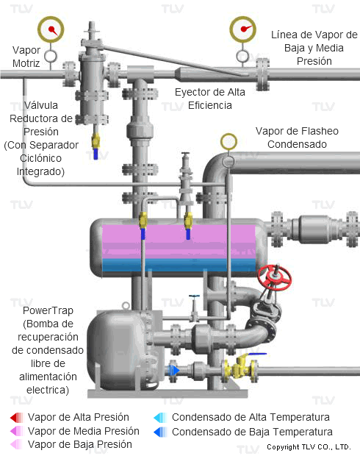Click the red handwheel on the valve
click(x=274, y=277)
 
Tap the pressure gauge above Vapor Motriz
click(x=51, y=29)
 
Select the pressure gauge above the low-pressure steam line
click(x=242, y=29)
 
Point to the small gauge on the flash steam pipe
click(x=228, y=142)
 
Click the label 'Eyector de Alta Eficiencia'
click(x=210, y=99)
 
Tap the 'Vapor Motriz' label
click(x=26, y=57)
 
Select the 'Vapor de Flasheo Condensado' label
click(x=297, y=138)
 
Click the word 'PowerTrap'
click(x=48, y=310)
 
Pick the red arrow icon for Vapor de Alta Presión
click(x=17, y=417)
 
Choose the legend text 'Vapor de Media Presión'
click(x=84, y=431)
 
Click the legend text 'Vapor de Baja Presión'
click(x=79, y=444)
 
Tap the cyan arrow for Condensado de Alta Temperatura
click(x=160, y=418)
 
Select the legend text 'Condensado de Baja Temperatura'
click(x=252, y=432)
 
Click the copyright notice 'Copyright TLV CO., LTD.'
click(x=309, y=447)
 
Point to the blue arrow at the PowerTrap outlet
click(x=174, y=371)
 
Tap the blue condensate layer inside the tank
click(x=179, y=265)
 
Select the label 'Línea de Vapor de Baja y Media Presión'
click(x=314, y=48)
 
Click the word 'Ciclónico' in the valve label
click(x=40, y=158)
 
